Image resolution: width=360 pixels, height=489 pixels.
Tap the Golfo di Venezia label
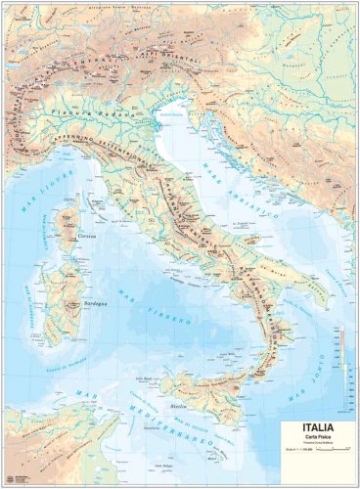(x=174, y=114)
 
